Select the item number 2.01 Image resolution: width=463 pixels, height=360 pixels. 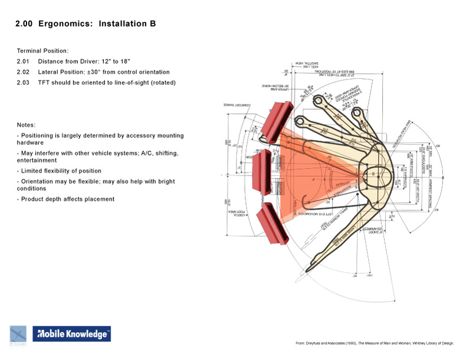[x=23, y=61]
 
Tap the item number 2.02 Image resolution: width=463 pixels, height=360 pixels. [x=23, y=72]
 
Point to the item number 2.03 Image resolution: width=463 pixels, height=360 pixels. [x=23, y=82]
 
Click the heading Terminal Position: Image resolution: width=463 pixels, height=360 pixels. [x=43, y=51]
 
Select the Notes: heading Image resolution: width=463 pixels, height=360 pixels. [x=27, y=125]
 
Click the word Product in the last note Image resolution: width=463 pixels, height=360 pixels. [x=34, y=199]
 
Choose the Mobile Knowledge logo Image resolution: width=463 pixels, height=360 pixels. [x=71, y=334]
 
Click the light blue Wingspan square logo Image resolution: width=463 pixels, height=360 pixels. [x=18, y=333]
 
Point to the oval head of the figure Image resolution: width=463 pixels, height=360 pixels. [x=372, y=174]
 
